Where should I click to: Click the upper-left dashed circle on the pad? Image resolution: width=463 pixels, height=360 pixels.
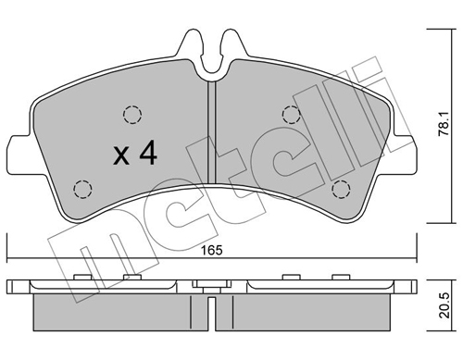tap(131, 115)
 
